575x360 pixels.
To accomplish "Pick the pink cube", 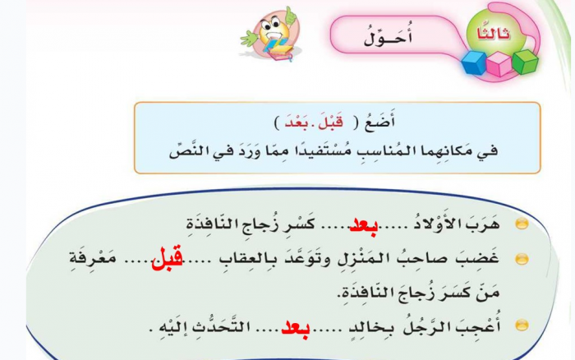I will (x=499, y=63).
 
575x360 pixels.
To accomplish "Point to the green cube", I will (x=524, y=60).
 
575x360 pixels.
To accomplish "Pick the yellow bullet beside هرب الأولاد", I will (x=520, y=224).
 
